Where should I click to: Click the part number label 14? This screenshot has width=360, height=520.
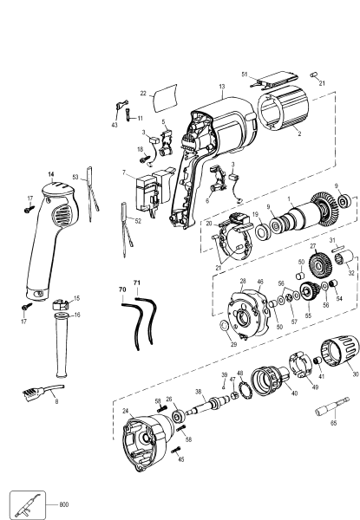click(50, 175)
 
